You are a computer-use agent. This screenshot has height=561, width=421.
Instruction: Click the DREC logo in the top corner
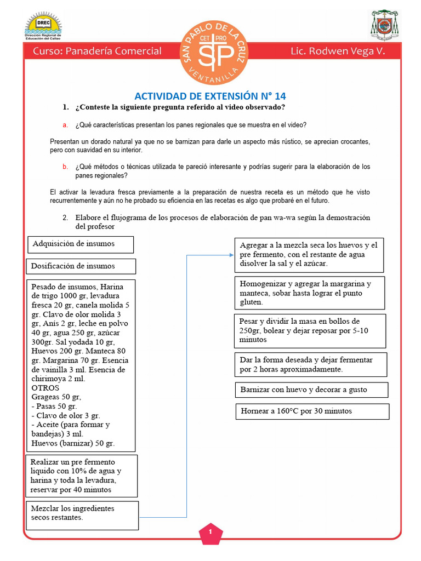[x=43, y=25]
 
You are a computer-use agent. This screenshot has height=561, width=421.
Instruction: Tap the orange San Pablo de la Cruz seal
[x=210, y=54]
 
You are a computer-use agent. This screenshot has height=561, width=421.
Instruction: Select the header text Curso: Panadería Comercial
[x=98, y=51]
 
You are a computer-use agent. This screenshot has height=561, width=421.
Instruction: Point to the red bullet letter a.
[x=65, y=125]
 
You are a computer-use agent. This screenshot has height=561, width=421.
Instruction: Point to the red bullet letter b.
[x=65, y=167]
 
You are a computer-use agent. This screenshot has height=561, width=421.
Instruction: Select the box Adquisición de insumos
[x=81, y=244]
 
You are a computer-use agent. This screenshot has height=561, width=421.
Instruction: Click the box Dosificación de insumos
[x=81, y=266]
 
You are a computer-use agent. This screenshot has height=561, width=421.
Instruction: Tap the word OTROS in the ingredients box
[x=45, y=388]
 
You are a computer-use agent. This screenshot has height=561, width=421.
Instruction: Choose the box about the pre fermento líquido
[x=81, y=475]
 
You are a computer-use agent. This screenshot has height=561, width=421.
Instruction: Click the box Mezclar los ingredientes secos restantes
[x=82, y=514]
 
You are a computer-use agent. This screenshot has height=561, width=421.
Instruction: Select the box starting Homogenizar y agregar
[x=310, y=293]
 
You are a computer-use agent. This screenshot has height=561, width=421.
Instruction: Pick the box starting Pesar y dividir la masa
[x=310, y=330]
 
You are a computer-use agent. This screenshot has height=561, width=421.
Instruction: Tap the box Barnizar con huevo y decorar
[x=311, y=390]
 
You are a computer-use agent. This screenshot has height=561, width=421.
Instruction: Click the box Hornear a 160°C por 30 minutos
[x=312, y=411]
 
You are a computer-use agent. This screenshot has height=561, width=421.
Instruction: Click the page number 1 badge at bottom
[x=210, y=532]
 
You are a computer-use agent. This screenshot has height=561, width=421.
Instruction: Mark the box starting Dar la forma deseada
[x=311, y=365]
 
